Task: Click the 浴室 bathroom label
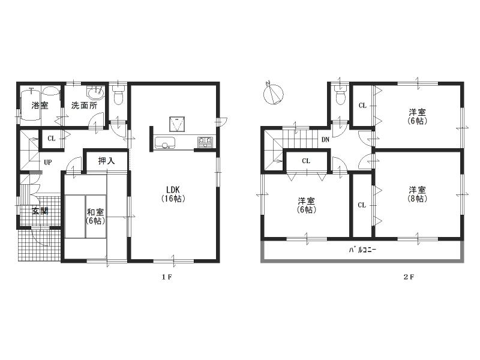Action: (40, 105)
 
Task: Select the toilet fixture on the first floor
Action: (118, 94)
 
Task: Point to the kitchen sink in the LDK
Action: (164, 143)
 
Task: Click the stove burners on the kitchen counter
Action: (205, 142)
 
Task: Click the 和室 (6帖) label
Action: (95, 216)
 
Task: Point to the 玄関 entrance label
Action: (40, 211)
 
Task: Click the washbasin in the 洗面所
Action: (95, 93)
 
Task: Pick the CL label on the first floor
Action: (52, 139)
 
